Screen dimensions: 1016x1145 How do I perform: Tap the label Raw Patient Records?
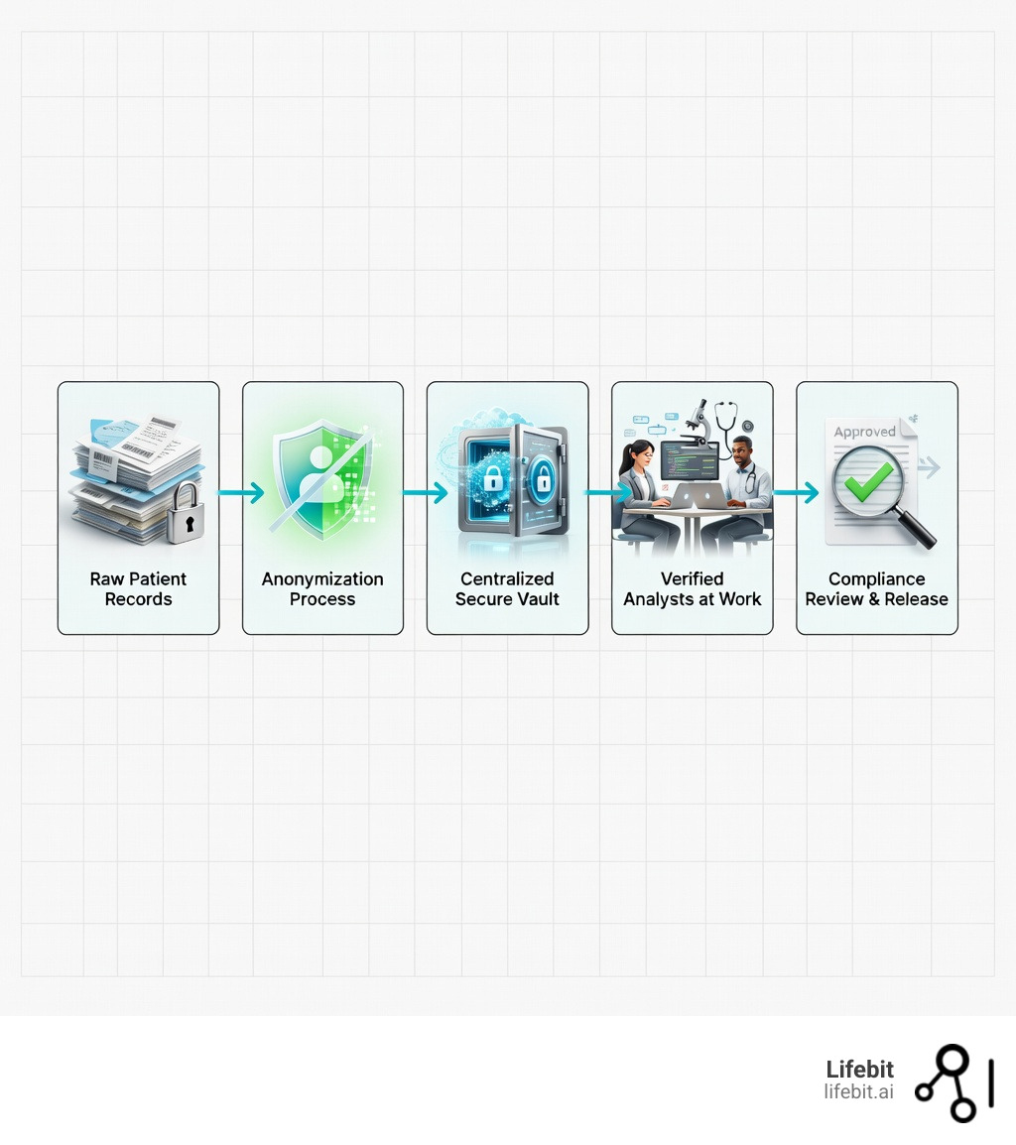138,589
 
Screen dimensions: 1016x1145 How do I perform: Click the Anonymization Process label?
322,589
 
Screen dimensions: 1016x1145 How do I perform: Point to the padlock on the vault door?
542,480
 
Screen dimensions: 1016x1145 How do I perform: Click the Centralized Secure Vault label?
507,589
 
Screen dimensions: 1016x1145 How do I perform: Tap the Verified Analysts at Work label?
692,589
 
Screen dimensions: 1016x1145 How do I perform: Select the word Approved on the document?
864,433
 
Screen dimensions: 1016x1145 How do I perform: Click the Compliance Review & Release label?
876,589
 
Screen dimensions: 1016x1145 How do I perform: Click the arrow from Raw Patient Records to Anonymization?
241,491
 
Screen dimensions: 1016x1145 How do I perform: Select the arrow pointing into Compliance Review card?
796,491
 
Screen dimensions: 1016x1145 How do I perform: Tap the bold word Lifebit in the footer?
859,1069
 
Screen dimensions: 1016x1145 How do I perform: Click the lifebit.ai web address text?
858,1091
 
